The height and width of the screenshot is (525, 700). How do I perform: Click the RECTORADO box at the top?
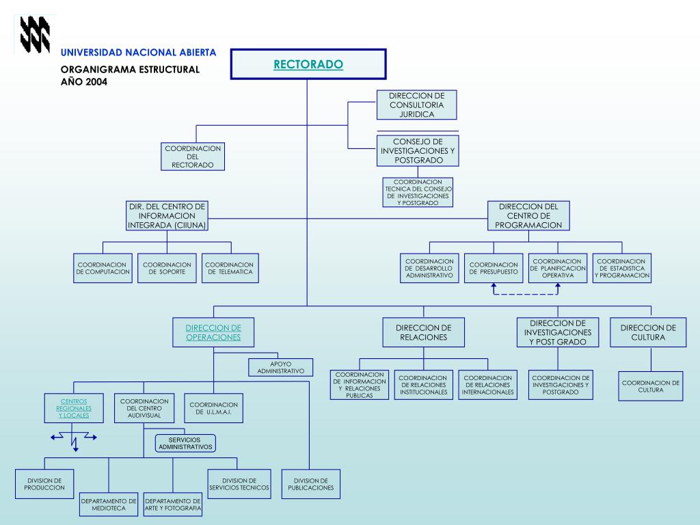tap(308, 64)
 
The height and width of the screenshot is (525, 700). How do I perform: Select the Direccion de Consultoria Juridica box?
tap(417, 105)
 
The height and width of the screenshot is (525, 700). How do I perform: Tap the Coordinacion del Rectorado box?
tap(193, 157)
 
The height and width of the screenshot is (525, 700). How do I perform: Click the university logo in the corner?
tap(34, 34)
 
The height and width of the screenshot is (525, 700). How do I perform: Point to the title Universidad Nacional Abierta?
tap(138, 53)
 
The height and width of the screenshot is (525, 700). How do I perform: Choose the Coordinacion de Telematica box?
tap(229, 268)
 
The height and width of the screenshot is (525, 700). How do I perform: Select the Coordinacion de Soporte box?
tap(167, 268)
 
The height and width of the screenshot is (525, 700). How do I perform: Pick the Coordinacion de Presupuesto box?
tap(494, 268)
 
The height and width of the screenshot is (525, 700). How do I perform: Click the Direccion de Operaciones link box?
tap(213, 332)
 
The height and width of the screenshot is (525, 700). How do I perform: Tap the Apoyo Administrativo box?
tap(280, 366)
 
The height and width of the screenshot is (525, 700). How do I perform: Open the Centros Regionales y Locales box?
tap(74, 408)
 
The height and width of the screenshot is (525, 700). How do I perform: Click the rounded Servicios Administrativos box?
tap(185, 443)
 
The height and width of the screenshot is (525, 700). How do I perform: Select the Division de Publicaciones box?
tap(311, 484)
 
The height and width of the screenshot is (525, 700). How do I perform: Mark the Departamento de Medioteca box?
tap(109, 505)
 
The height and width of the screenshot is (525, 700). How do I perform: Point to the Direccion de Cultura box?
tap(648, 332)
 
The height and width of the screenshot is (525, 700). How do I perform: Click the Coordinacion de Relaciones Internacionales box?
tap(487, 385)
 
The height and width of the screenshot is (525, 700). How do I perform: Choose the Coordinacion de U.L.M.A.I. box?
tap(214, 408)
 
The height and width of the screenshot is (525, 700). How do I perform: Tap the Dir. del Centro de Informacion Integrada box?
tap(167, 215)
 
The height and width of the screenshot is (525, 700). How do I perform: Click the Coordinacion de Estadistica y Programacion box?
tap(621, 268)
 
